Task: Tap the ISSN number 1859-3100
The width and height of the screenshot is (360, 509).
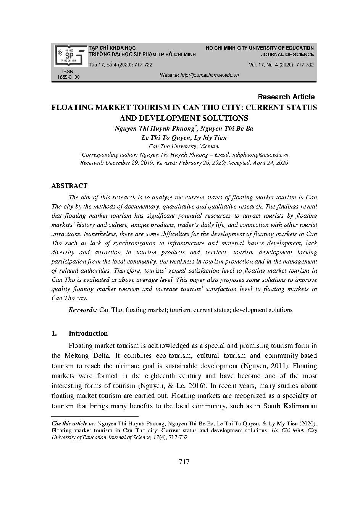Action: pyautogui.click(x=68, y=77)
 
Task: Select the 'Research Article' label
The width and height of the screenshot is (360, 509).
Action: pyautogui.click(x=286, y=97)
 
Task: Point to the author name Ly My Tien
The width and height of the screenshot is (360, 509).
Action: pyautogui.click(x=210, y=137)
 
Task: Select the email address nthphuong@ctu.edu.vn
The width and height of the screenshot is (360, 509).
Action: pyautogui.click(x=260, y=155)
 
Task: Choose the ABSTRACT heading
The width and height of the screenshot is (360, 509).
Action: pyautogui.click(x=69, y=186)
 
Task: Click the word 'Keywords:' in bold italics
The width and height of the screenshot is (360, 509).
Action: pyautogui.click(x=83, y=310)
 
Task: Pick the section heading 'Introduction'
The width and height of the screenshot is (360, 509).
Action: pyautogui.click(x=88, y=333)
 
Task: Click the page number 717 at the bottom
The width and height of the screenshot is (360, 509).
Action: pyautogui.click(x=184, y=462)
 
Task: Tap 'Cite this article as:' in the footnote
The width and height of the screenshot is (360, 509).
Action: pyautogui.click(x=73, y=423)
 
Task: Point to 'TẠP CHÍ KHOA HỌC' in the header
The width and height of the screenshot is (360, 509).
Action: pyautogui.click(x=112, y=48)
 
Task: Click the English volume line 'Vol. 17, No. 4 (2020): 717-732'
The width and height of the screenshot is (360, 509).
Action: pyautogui.click(x=281, y=65)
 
